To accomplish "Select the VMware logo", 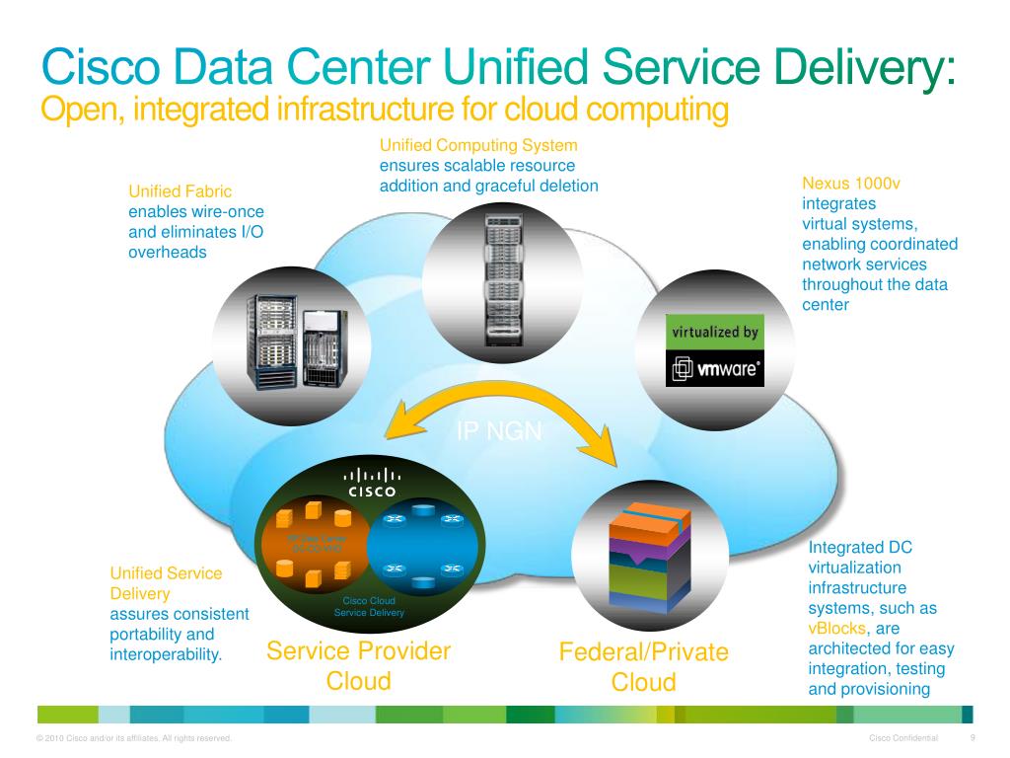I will (x=716, y=370).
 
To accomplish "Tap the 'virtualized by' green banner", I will (x=715, y=332).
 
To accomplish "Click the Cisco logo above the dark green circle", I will (x=371, y=481).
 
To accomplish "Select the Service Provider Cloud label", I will (x=359, y=666).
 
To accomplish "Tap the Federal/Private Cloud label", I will (x=643, y=667).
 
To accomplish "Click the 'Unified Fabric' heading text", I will (x=180, y=190).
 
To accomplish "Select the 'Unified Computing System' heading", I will (x=478, y=145).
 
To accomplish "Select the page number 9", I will (x=973, y=738).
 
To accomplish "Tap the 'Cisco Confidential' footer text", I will (x=903, y=739).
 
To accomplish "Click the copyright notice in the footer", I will (x=133, y=739).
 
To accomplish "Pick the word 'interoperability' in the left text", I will (x=165, y=654).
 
